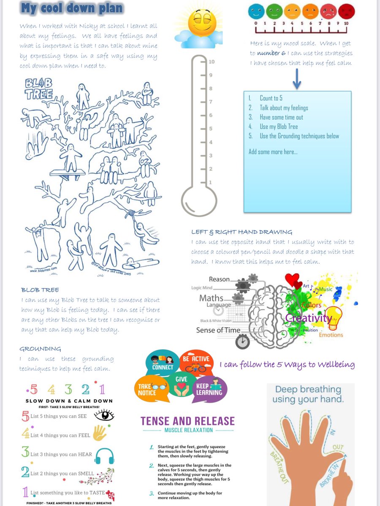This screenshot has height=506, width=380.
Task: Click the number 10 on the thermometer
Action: pyautogui.click(x=212, y=62)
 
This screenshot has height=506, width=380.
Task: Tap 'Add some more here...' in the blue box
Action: pyautogui.click(x=273, y=152)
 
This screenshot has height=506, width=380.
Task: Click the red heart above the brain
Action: pyautogui.click(x=292, y=280)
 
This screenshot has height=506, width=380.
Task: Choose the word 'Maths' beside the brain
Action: pyautogui.click(x=211, y=298)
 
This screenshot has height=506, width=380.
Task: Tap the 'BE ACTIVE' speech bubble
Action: pyautogui.click(x=196, y=363)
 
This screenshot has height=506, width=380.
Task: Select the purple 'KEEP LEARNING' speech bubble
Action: pyautogui.click(x=209, y=389)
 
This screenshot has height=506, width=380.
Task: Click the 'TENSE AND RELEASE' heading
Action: pyautogui.click(x=187, y=421)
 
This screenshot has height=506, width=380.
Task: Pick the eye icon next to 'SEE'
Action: pyautogui.click(x=104, y=415)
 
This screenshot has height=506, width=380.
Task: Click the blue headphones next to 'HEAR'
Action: pyautogui.click(x=104, y=455)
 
